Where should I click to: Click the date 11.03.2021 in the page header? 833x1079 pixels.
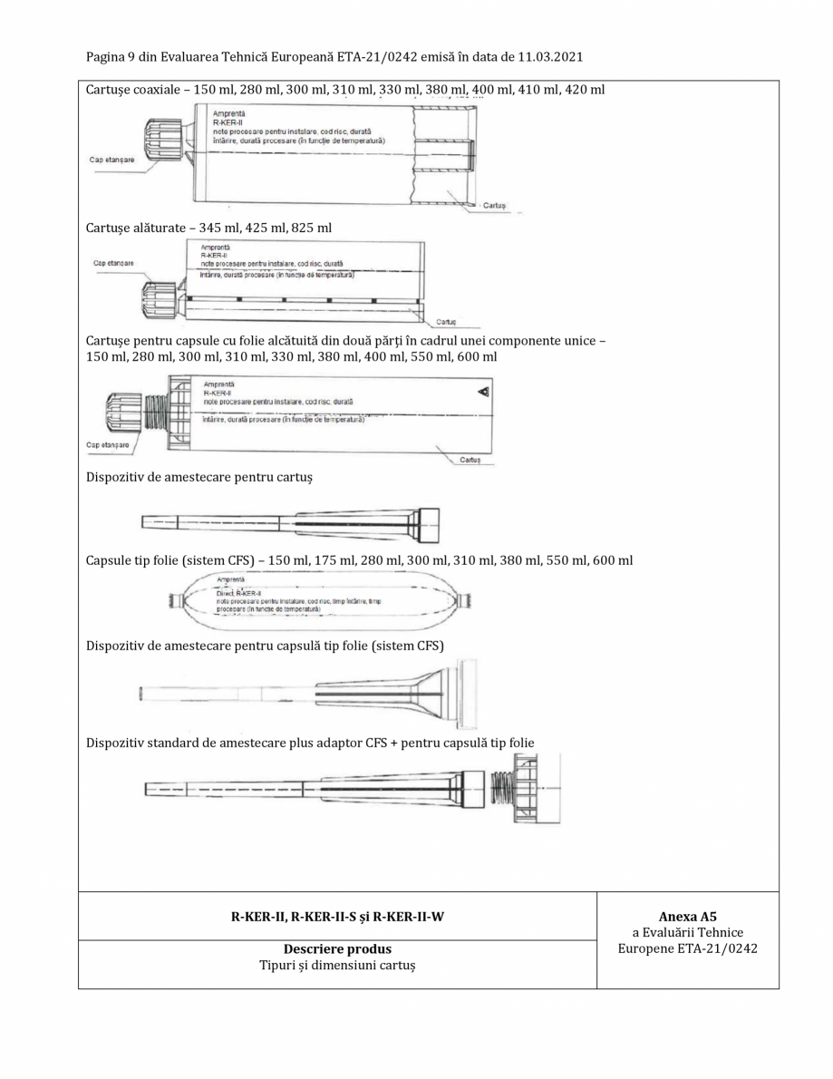click(543, 57)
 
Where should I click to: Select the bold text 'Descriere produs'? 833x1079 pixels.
click(337, 949)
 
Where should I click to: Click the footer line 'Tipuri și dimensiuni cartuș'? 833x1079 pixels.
click(337, 966)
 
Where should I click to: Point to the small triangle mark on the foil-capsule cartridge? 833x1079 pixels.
click(482, 391)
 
